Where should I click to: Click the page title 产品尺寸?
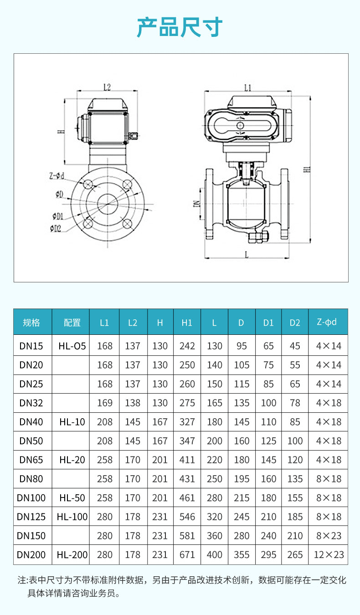click(x=180, y=27)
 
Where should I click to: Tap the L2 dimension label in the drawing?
click(x=108, y=87)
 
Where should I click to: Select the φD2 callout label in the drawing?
click(x=56, y=228)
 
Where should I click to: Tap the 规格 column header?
click(x=31, y=323)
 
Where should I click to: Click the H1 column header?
click(x=187, y=323)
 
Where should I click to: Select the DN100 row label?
click(x=31, y=498)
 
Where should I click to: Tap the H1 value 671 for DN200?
click(x=187, y=555)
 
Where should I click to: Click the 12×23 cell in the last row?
click(x=328, y=555)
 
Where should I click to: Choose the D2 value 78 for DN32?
click(x=295, y=403)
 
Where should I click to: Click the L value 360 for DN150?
click(x=214, y=536)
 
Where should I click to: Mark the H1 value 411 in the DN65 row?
click(x=187, y=460)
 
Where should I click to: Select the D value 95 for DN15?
click(x=242, y=346)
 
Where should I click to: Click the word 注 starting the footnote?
click(x=21, y=580)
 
